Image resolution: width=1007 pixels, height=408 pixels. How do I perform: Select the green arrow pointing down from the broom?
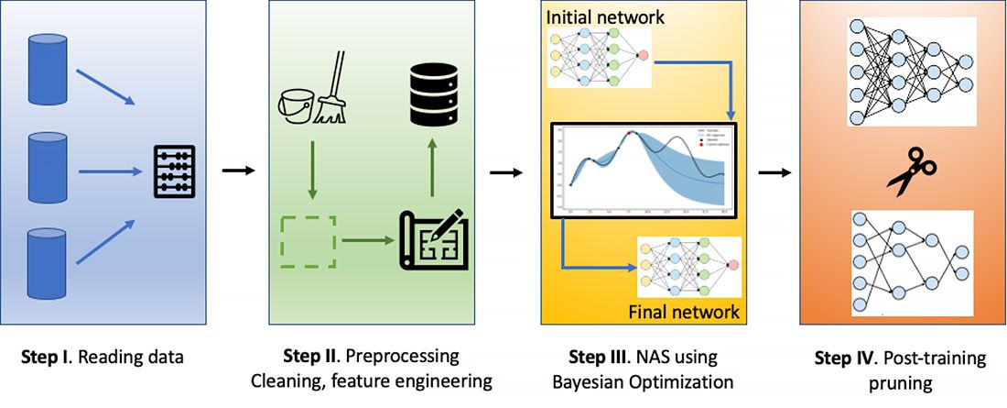click(311, 170)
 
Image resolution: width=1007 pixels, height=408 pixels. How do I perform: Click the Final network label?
click(684, 312)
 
